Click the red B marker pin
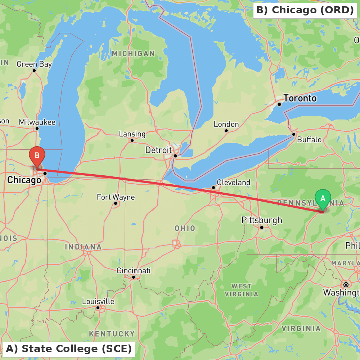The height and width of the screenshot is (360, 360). tap(37, 156)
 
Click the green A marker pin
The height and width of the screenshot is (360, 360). tap(323, 198)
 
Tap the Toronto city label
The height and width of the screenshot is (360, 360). tap(300, 98)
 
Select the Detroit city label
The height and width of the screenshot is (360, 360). tap(158, 150)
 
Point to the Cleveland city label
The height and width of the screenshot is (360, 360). tap(233, 183)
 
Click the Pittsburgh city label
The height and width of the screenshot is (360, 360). tap(262, 220)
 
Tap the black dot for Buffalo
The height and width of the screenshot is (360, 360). tap(294, 134)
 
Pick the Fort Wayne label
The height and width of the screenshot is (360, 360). tap(116, 197)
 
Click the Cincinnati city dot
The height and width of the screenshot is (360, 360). tap(133, 277)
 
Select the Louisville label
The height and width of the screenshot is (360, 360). tap(98, 301)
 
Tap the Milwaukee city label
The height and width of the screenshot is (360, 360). tap(37, 122)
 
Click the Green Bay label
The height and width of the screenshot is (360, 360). tap(34, 64)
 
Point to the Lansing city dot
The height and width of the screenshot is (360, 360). tap(132, 140)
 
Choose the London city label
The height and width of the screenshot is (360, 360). tap(226, 124)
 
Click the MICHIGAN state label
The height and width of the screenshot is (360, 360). tap(133, 54)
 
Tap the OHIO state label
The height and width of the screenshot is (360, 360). tap(185, 228)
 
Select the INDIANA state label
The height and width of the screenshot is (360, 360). tap(83, 247)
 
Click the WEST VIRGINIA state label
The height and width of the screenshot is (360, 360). tap(242, 290)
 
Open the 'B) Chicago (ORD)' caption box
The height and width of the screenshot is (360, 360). tap(305, 10)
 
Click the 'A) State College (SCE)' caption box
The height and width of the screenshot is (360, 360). tap(69, 349)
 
